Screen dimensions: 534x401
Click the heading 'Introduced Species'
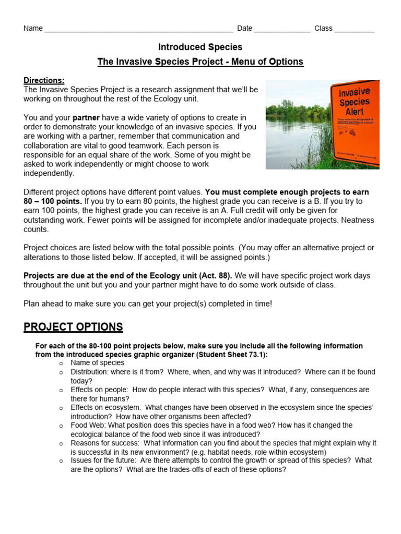tap(200, 47)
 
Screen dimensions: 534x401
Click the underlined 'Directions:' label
tap(44, 80)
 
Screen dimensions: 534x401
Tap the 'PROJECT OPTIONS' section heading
tap(73, 327)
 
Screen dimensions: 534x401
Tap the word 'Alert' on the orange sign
tap(354, 111)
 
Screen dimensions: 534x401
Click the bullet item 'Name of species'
tap(98, 363)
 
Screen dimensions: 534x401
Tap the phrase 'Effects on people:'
tap(100, 390)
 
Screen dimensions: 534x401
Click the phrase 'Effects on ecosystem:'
tap(106, 407)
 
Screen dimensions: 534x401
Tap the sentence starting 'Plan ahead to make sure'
tap(148, 303)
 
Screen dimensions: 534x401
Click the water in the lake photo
tap(292, 141)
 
